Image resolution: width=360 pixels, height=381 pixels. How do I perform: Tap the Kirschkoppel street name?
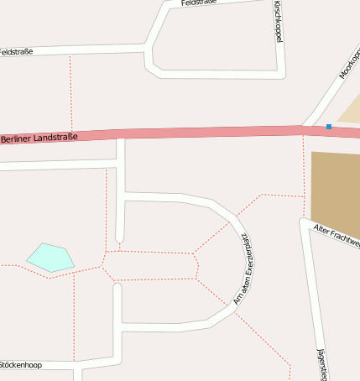click(278, 22)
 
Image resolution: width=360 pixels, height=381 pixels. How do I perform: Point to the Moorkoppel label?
click(347, 64)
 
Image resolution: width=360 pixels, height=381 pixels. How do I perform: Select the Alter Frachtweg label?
click(336, 235)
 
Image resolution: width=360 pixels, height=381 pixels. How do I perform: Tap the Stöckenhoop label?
click(20, 365)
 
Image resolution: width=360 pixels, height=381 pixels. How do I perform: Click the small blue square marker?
click(329, 127)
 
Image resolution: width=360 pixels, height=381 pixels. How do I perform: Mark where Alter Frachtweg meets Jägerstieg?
click(303, 222)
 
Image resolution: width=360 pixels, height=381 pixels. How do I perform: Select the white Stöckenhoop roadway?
click(50, 365)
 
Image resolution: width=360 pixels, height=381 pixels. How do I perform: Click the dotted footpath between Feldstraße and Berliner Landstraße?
click(70, 92)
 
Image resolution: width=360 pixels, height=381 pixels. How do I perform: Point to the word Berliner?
click(18, 138)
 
